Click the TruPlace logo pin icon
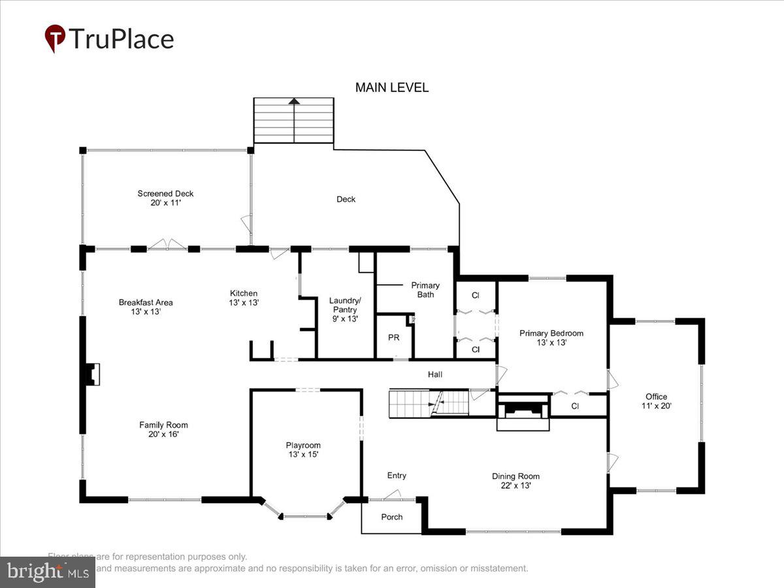(55, 39)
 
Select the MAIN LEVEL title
(392, 88)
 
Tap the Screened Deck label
(165, 198)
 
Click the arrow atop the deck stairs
(294, 101)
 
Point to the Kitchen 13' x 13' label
(243, 298)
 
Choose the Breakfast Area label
(146, 307)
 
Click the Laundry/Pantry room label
(345, 309)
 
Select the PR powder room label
(393, 338)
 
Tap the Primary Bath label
(425, 289)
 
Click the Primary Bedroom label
(551, 338)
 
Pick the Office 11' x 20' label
(656, 401)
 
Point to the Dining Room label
(515, 481)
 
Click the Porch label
(392, 517)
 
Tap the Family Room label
(163, 429)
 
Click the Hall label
(435, 374)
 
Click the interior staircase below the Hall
(429, 404)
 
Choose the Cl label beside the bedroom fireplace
(575, 406)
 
